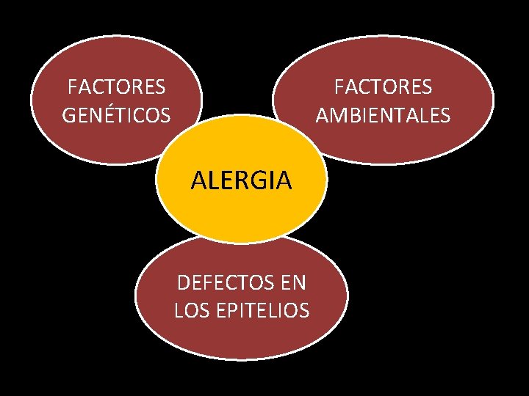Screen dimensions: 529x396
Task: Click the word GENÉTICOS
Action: pyautogui.click(x=116, y=115)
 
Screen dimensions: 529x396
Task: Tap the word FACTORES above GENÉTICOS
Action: pyautogui.click(x=116, y=87)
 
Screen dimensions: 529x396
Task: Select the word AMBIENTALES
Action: pyautogui.click(x=383, y=115)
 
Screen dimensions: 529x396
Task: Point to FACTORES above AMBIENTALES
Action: pyautogui.click(x=383, y=87)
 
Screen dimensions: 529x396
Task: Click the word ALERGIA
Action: pyautogui.click(x=241, y=180)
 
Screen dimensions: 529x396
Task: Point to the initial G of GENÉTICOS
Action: pyautogui.click(x=70, y=115)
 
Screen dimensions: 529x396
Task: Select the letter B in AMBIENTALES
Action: pyautogui.click(x=350, y=115)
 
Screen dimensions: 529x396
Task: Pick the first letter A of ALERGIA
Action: pyautogui.click(x=198, y=180)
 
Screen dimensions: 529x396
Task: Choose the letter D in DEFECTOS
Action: pyautogui.click(x=183, y=283)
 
